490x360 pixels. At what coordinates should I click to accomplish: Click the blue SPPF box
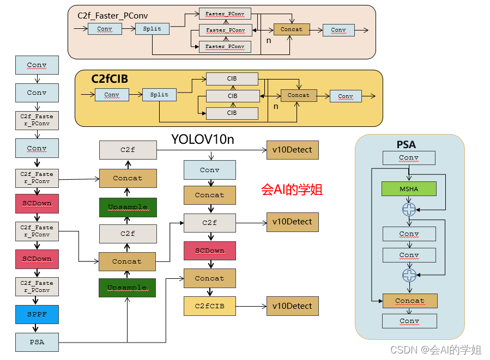(x=37, y=314)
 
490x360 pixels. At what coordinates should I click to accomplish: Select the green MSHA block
(x=409, y=188)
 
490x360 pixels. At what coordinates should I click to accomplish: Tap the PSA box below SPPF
(x=37, y=342)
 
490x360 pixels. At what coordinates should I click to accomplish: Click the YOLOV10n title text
(x=203, y=139)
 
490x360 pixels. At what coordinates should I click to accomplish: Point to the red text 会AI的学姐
(x=292, y=190)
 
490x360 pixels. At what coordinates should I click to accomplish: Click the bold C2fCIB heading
(x=110, y=80)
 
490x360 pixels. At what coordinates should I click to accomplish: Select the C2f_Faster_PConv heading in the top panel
(x=113, y=16)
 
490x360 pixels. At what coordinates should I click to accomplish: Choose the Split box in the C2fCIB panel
(x=159, y=95)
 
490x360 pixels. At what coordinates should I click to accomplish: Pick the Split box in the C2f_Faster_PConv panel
(x=152, y=29)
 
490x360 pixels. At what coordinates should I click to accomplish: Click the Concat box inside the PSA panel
(x=410, y=301)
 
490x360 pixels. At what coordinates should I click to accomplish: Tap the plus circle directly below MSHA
(x=409, y=209)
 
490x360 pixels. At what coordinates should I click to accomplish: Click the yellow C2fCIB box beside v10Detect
(x=209, y=306)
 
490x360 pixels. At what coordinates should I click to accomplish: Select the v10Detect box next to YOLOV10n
(x=292, y=150)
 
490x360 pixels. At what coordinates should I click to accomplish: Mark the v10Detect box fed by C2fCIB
(x=292, y=306)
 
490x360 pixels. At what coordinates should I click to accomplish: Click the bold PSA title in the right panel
(x=406, y=145)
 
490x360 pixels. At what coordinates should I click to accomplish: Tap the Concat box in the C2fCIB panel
(x=298, y=95)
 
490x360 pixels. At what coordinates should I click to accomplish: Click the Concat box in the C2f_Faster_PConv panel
(x=291, y=29)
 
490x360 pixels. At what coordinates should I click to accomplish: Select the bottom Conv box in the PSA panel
(x=409, y=321)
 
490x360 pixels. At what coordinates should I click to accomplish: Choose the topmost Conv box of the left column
(x=37, y=65)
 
